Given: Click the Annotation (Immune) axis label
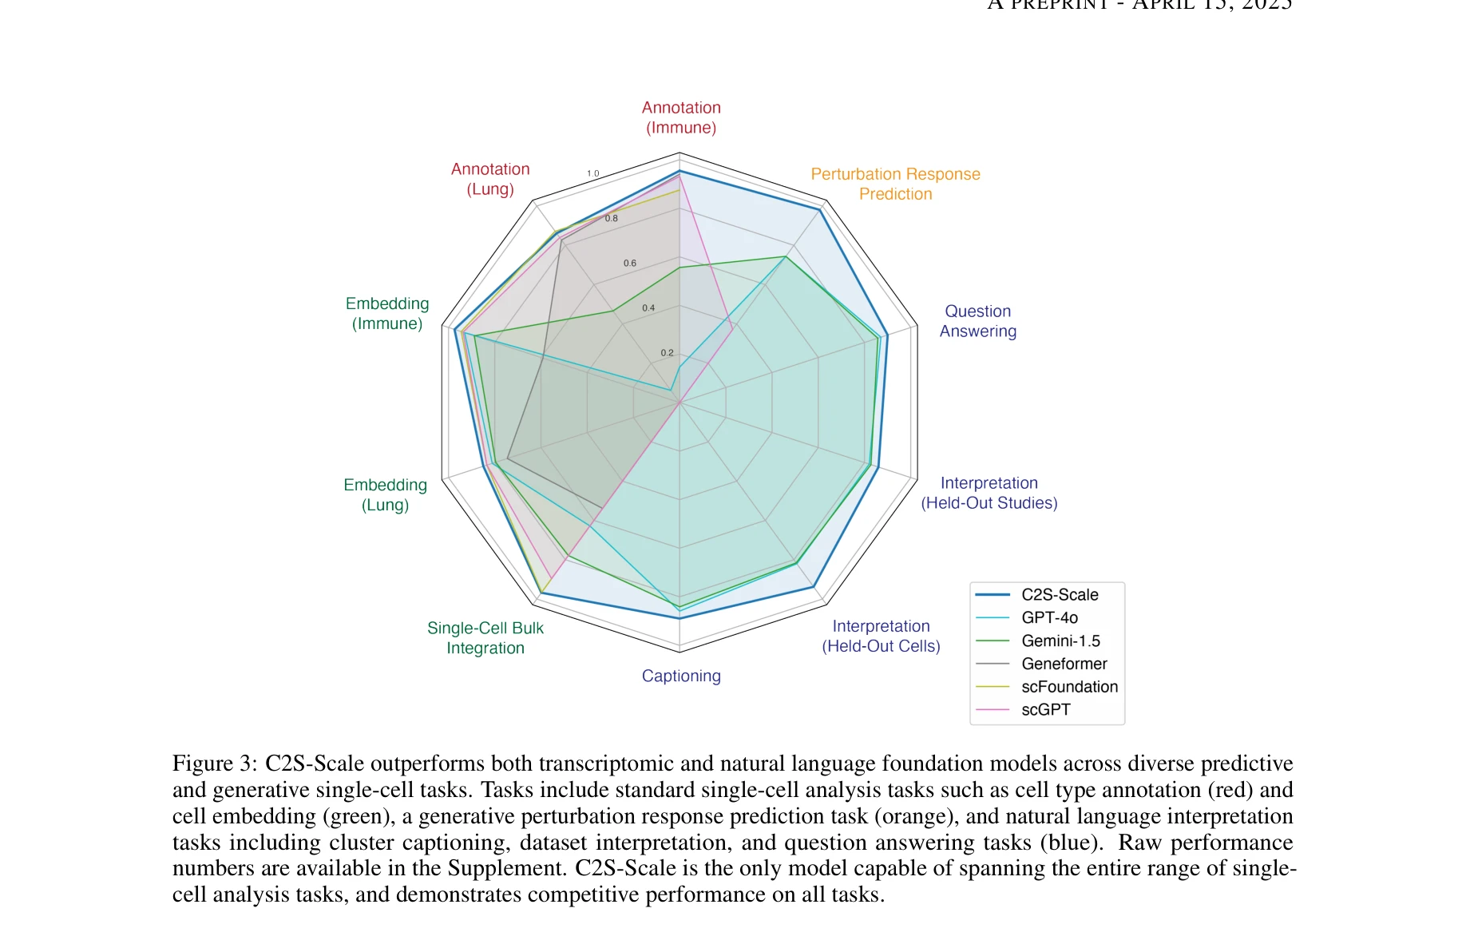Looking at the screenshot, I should (681, 117).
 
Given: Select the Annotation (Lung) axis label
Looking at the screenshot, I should (490, 179).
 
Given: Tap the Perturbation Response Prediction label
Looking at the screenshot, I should (895, 184).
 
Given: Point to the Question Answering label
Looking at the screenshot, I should (977, 321).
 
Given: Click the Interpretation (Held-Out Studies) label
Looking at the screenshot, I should (989, 493).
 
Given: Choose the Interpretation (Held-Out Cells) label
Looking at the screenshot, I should (881, 636).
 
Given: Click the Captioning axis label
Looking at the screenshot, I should (681, 676).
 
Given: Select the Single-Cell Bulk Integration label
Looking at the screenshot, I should (485, 638).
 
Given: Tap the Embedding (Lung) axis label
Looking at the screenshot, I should (385, 494).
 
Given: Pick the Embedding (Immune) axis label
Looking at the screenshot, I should (387, 313).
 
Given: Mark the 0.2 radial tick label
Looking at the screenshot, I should (667, 353).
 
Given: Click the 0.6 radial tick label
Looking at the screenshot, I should (630, 263).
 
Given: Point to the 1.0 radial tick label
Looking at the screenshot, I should (592, 173).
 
